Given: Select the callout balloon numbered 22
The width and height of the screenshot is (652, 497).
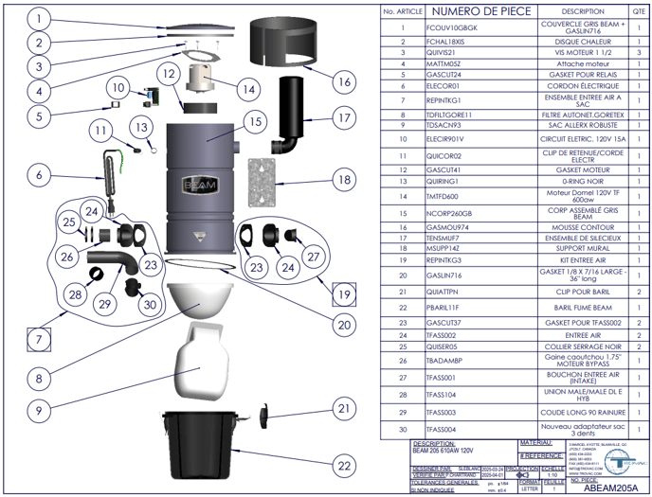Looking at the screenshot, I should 344,464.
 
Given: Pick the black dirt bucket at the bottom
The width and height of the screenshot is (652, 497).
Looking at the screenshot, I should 201,446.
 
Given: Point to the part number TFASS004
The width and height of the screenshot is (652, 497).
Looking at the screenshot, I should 443,429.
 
